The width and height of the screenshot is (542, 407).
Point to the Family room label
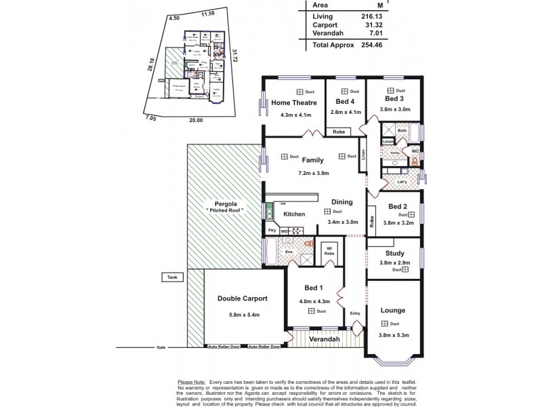(x=312, y=161)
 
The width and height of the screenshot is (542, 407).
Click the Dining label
(x=341, y=201)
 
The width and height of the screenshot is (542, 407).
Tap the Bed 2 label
(x=398, y=206)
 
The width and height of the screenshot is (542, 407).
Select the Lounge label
(x=393, y=310)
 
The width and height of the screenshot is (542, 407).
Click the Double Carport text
(x=243, y=298)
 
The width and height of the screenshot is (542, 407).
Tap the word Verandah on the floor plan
(x=324, y=338)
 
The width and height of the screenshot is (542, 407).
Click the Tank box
(x=169, y=277)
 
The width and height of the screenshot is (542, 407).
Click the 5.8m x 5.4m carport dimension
(x=243, y=313)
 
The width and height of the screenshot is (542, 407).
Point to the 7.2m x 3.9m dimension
(x=313, y=173)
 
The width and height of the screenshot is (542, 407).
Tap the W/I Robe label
(x=329, y=250)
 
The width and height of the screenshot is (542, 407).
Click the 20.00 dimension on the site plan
(x=196, y=119)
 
